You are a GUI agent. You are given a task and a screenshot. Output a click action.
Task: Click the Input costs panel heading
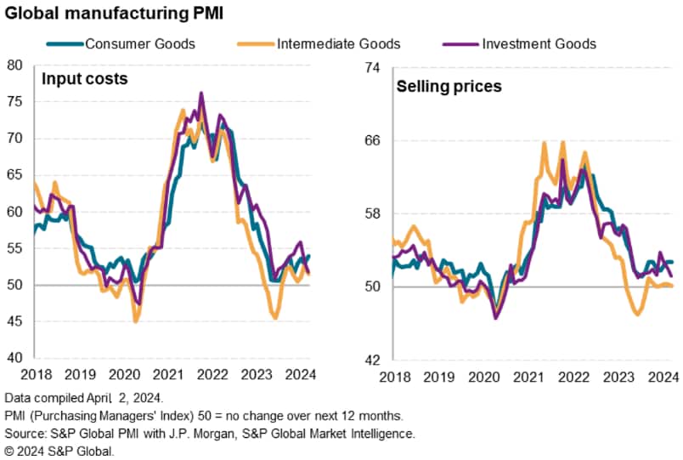pyautogui.click(x=85, y=80)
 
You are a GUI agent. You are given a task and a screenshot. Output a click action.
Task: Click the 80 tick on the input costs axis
pyautogui.click(x=14, y=65)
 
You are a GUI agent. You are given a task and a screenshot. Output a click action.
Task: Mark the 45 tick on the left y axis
pyautogui.click(x=14, y=321)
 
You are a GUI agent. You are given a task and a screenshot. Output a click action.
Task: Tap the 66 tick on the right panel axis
pyautogui.click(x=370, y=140)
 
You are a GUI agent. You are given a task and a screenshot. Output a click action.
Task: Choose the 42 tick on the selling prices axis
pyautogui.click(x=370, y=359)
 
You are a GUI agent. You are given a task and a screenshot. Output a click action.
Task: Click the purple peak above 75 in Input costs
pyautogui.click(x=200, y=93)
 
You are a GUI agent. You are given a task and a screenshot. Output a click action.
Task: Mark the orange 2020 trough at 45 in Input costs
pyautogui.click(x=136, y=321)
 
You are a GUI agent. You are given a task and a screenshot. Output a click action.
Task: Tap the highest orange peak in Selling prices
pyautogui.click(x=544, y=142)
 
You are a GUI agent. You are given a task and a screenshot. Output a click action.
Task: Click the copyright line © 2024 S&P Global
pyautogui.click(x=59, y=451)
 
